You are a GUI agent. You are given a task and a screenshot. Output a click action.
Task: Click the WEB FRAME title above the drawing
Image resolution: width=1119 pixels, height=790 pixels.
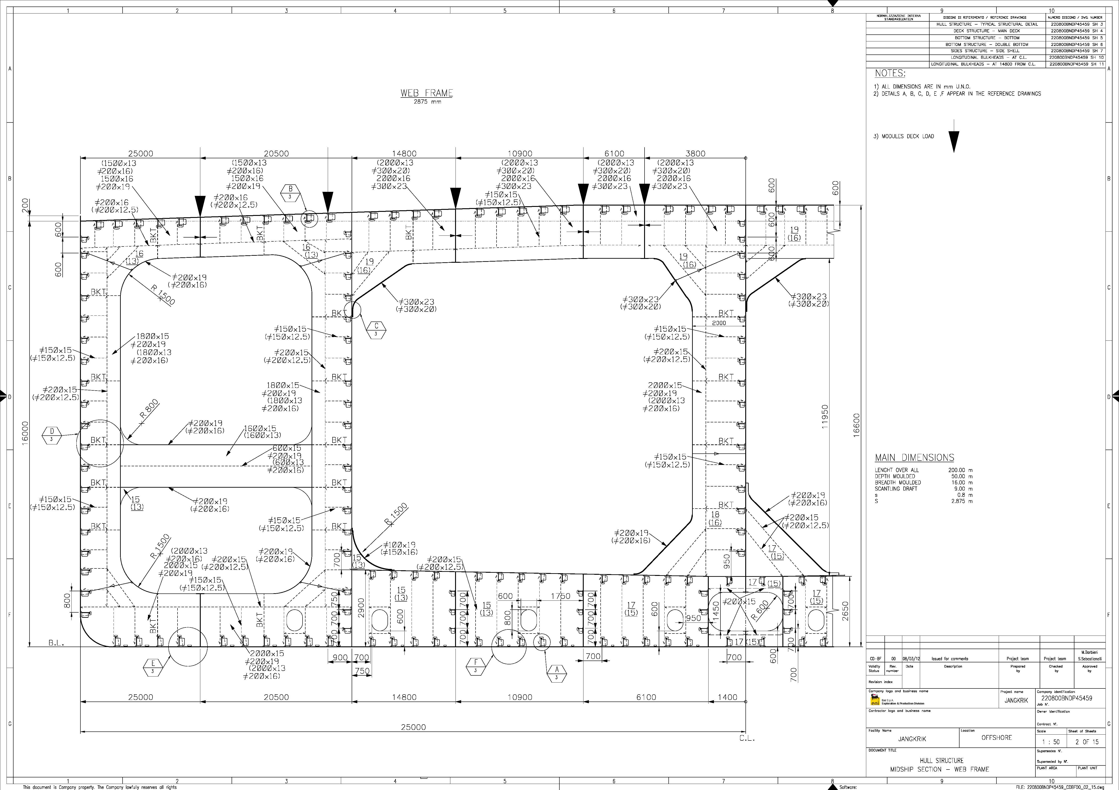pos(426,93)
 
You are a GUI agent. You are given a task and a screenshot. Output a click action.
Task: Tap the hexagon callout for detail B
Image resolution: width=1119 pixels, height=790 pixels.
pos(290,192)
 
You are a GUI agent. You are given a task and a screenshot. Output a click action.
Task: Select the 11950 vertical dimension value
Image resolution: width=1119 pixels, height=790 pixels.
pos(824,417)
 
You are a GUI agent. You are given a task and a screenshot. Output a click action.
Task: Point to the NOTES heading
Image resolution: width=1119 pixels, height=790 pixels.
pos(890,74)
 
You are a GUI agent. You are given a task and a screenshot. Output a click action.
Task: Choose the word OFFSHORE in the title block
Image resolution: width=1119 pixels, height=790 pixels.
pos(997,737)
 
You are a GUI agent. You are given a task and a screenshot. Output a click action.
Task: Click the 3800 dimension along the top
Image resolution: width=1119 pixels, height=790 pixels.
pos(695,153)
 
